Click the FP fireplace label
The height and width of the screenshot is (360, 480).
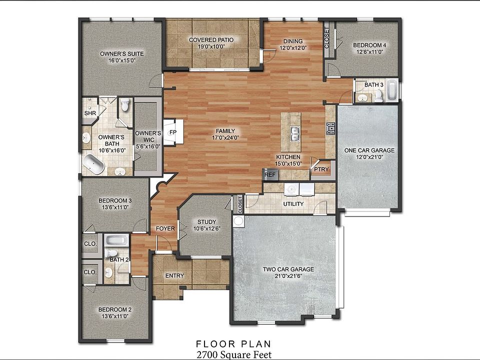coord(173,132)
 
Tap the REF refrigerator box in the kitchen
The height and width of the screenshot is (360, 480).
coord(270,175)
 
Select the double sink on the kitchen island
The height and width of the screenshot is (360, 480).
coord(294,134)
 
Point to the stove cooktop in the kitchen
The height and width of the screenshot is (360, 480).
coord(331,129)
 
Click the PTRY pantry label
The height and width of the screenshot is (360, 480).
coord(321,169)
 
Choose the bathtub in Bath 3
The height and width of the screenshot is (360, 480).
coord(392,90)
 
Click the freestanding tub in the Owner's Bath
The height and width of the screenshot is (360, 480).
coord(93,164)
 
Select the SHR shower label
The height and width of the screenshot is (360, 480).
coord(90,113)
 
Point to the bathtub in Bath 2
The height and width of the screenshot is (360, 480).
coord(116,240)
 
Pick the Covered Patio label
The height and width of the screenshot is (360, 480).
coord(211,40)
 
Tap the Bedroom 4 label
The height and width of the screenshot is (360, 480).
coord(369,45)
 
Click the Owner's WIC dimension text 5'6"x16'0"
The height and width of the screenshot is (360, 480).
coord(148,146)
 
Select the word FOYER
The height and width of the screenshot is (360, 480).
coord(165,228)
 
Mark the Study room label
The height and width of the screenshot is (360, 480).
coord(207,221)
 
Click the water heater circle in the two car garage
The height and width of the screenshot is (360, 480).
coord(238,221)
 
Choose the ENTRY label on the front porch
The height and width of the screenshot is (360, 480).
coord(175,275)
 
